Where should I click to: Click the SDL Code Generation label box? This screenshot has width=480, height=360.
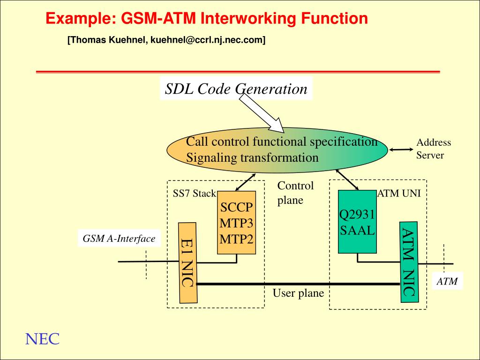(236, 89)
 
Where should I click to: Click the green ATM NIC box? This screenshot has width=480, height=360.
(408, 261)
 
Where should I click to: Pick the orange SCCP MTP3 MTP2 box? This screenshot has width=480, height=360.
(237, 223)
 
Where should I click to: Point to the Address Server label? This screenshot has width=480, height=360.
(433, 149)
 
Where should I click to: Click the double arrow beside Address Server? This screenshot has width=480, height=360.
(401, 150)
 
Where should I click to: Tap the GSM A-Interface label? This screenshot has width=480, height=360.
(119, 239)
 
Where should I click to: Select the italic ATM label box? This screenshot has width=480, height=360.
(447, 282)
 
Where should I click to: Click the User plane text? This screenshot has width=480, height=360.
(298, 293)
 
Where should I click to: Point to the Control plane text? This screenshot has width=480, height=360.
(295, 193)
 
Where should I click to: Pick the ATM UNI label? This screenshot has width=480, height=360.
(401, 193)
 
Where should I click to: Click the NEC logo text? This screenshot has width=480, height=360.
(42, 339)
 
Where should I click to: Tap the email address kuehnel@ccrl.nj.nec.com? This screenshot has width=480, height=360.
(208, 41)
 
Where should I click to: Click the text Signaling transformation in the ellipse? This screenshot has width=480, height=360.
(252, 157)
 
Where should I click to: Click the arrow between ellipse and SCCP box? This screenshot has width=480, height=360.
(245, 182)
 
